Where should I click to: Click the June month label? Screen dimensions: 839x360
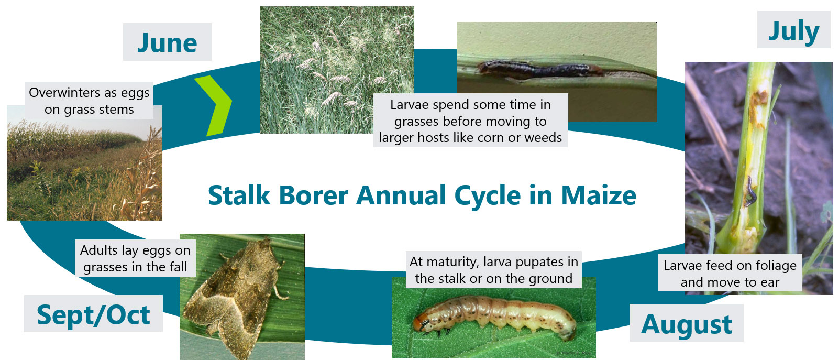tap(167, 42)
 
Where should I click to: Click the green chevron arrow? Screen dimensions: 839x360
tap(214, 105)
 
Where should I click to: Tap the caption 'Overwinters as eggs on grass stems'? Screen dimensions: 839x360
tap(89, 101)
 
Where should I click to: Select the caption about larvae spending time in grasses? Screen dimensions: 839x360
tap(470, 121)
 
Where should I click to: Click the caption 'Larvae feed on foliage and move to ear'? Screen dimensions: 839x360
tap(730, 273)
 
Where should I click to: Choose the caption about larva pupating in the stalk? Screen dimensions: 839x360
tap(494, 270)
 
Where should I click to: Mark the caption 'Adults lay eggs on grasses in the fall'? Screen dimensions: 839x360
tap(135, 258)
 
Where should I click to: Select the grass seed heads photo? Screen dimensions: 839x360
tap(337, 70)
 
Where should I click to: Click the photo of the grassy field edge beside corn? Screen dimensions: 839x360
tap(85, 163)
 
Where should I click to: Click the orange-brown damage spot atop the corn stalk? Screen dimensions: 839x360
tap(758, 98)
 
